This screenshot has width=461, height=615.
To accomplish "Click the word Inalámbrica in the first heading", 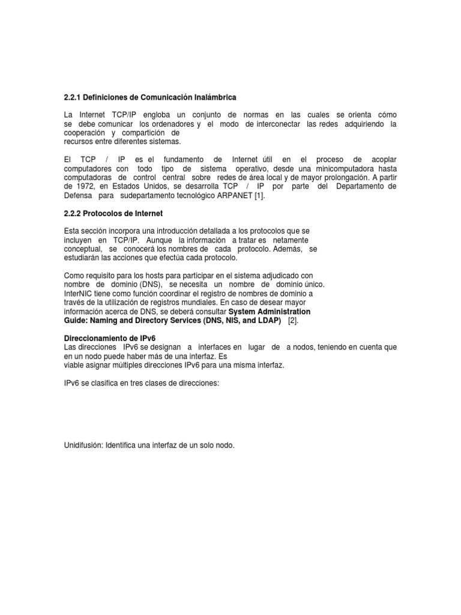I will pyautogui.click(x=212, y=97).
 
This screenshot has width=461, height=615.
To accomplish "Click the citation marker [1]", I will pyautogui.click(x=257, y=196).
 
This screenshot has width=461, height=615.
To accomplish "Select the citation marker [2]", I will pyautogui.click(x=293, y=321).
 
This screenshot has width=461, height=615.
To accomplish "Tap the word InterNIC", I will pyautogui.click(x=79, y=293).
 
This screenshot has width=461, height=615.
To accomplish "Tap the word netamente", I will pyautogui.click(x=289, y=240).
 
